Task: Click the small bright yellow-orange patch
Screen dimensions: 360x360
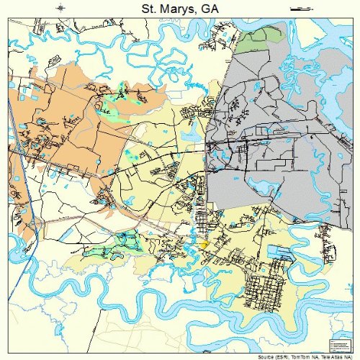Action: coord(204,246)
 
